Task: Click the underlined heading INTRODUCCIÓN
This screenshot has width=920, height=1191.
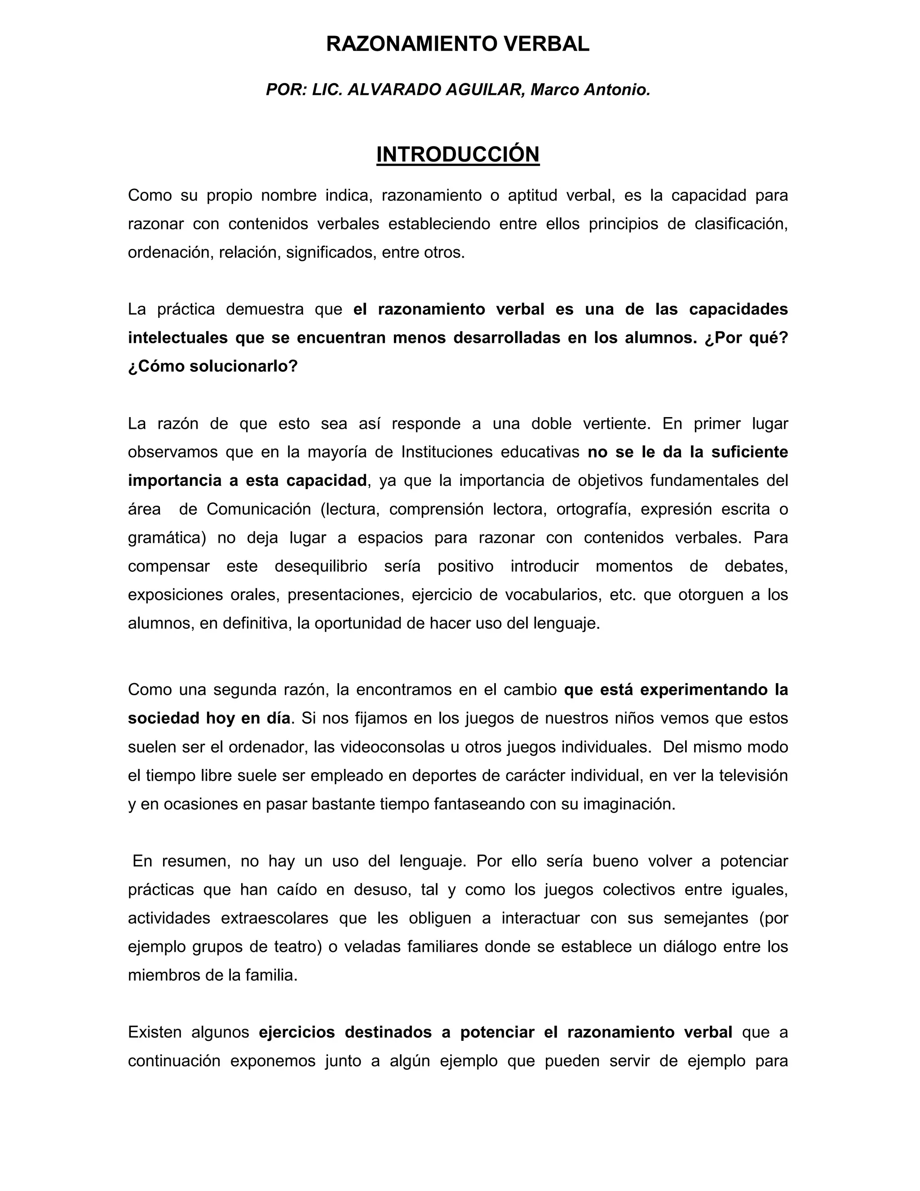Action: point(458,155)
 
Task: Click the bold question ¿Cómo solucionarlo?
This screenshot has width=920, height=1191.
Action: point(213,366)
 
